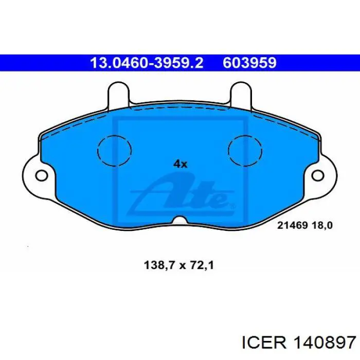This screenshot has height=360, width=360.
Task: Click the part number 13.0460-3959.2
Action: coord(147,63)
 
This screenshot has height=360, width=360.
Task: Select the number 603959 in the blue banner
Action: coord(249,63)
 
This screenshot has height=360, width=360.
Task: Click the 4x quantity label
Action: coord(181,164)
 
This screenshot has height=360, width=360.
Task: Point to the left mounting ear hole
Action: coord(42,176)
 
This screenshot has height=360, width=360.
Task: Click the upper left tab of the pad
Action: coord(118,94)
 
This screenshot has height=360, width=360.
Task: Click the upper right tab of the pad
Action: coord(241,94)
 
